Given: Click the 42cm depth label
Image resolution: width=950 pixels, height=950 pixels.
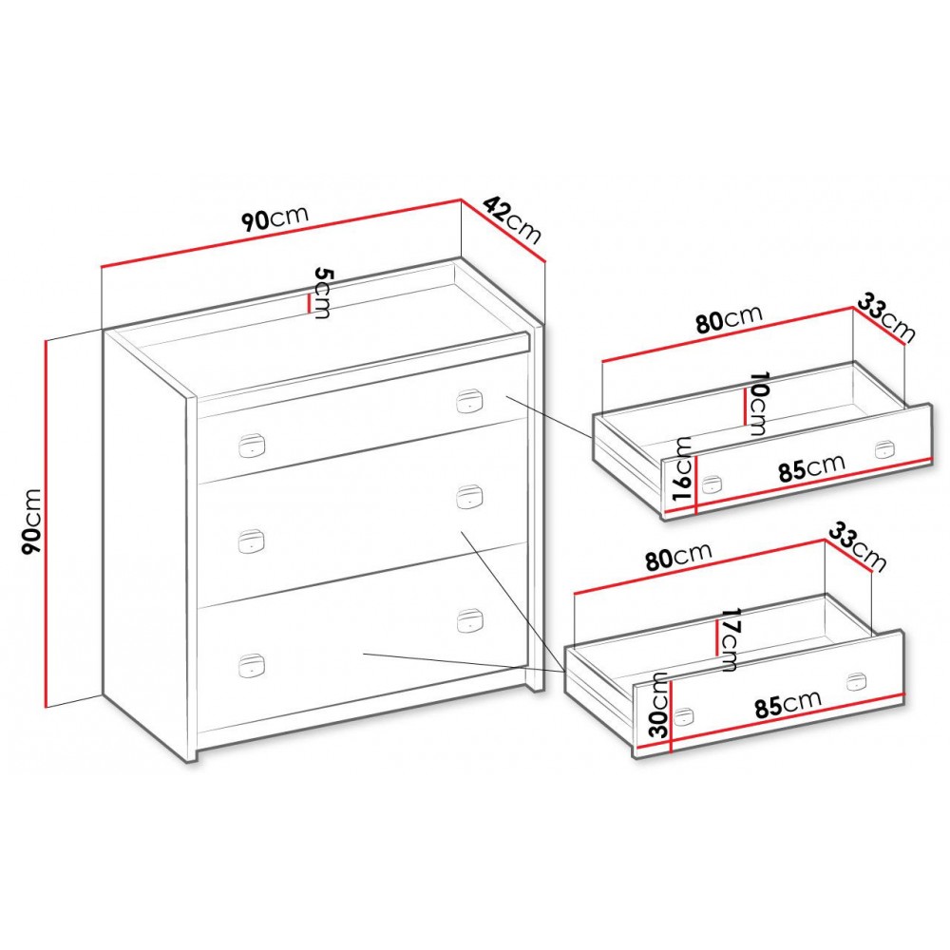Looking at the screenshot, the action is click(513, 219).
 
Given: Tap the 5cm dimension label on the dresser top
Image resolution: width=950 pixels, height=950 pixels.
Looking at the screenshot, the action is click(323, 294).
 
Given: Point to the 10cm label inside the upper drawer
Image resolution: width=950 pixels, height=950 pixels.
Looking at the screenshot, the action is click(757, 403).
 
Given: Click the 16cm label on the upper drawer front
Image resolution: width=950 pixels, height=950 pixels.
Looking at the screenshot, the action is click(683, 467).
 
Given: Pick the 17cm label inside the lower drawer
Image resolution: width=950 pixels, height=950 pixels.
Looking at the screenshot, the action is click(727, 639).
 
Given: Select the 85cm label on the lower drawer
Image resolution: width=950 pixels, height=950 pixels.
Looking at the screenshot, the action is click(788, 704).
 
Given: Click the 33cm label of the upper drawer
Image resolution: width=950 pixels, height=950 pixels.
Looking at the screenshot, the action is click(885, 317).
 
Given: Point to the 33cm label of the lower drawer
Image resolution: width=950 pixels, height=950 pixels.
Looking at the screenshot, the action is click(857, 546).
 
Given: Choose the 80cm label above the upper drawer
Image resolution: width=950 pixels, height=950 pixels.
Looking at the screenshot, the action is click(729, 319).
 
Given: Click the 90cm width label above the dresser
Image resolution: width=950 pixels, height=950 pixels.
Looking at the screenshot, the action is click(275, 218).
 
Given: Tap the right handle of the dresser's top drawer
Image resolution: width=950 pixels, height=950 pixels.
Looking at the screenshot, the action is click(469, 401).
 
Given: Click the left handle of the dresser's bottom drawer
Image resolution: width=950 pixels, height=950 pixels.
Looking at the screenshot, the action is click(252, 666).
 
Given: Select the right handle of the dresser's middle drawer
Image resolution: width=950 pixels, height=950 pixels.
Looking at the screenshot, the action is click(469, 497).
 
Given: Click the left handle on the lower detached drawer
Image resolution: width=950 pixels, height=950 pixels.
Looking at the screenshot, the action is click(683, 716).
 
